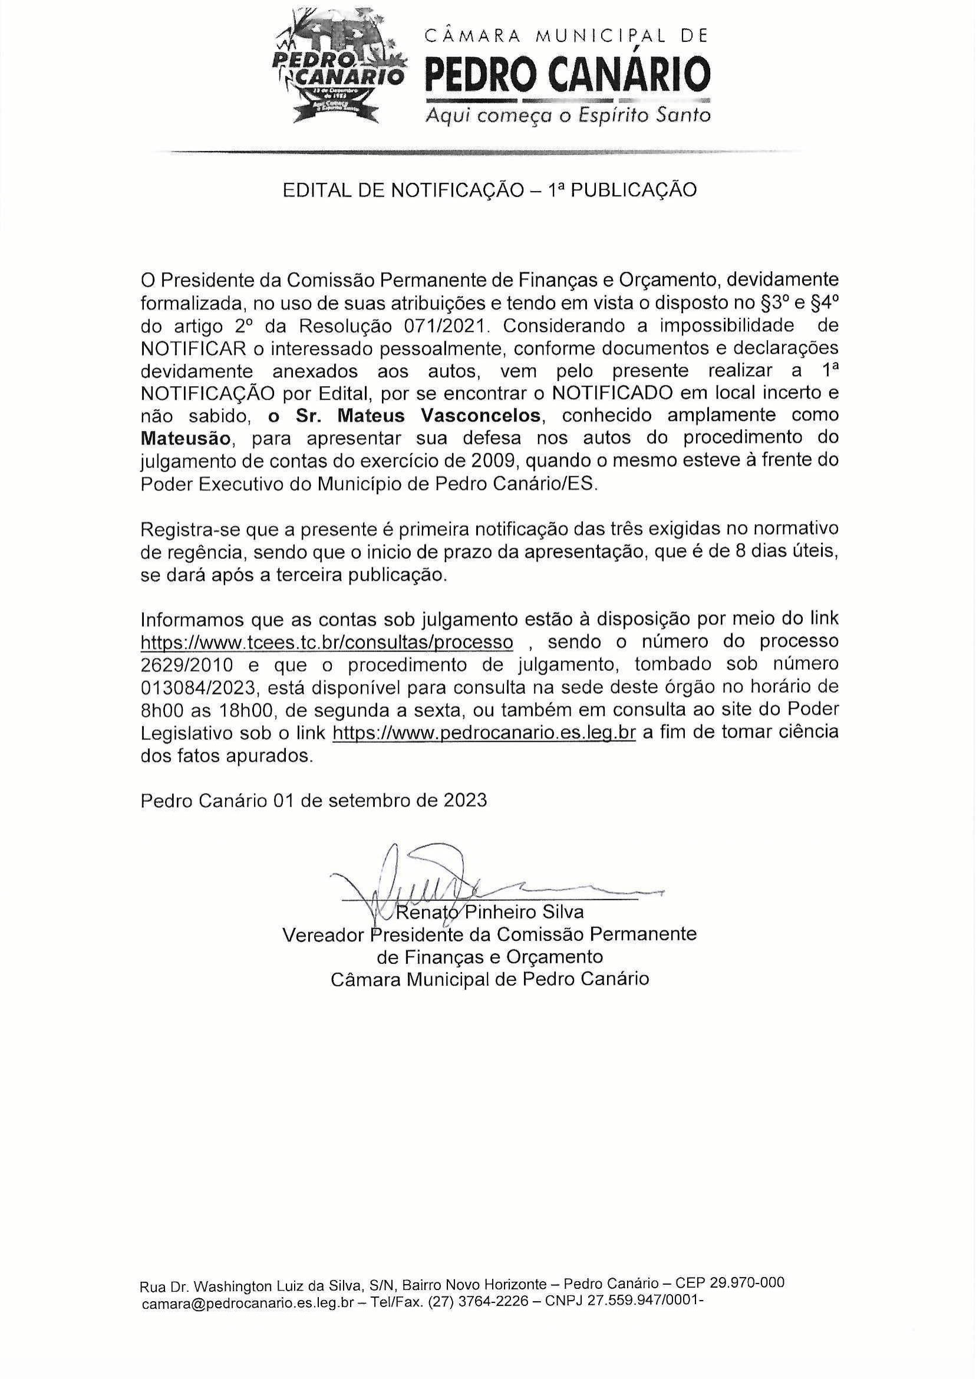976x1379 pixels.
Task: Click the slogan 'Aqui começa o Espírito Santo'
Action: (568, 115)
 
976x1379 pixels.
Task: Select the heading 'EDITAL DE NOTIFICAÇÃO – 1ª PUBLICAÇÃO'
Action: (489, 190)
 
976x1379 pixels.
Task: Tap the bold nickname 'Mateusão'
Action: (185, 438)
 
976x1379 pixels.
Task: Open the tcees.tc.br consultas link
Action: (327, 642)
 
